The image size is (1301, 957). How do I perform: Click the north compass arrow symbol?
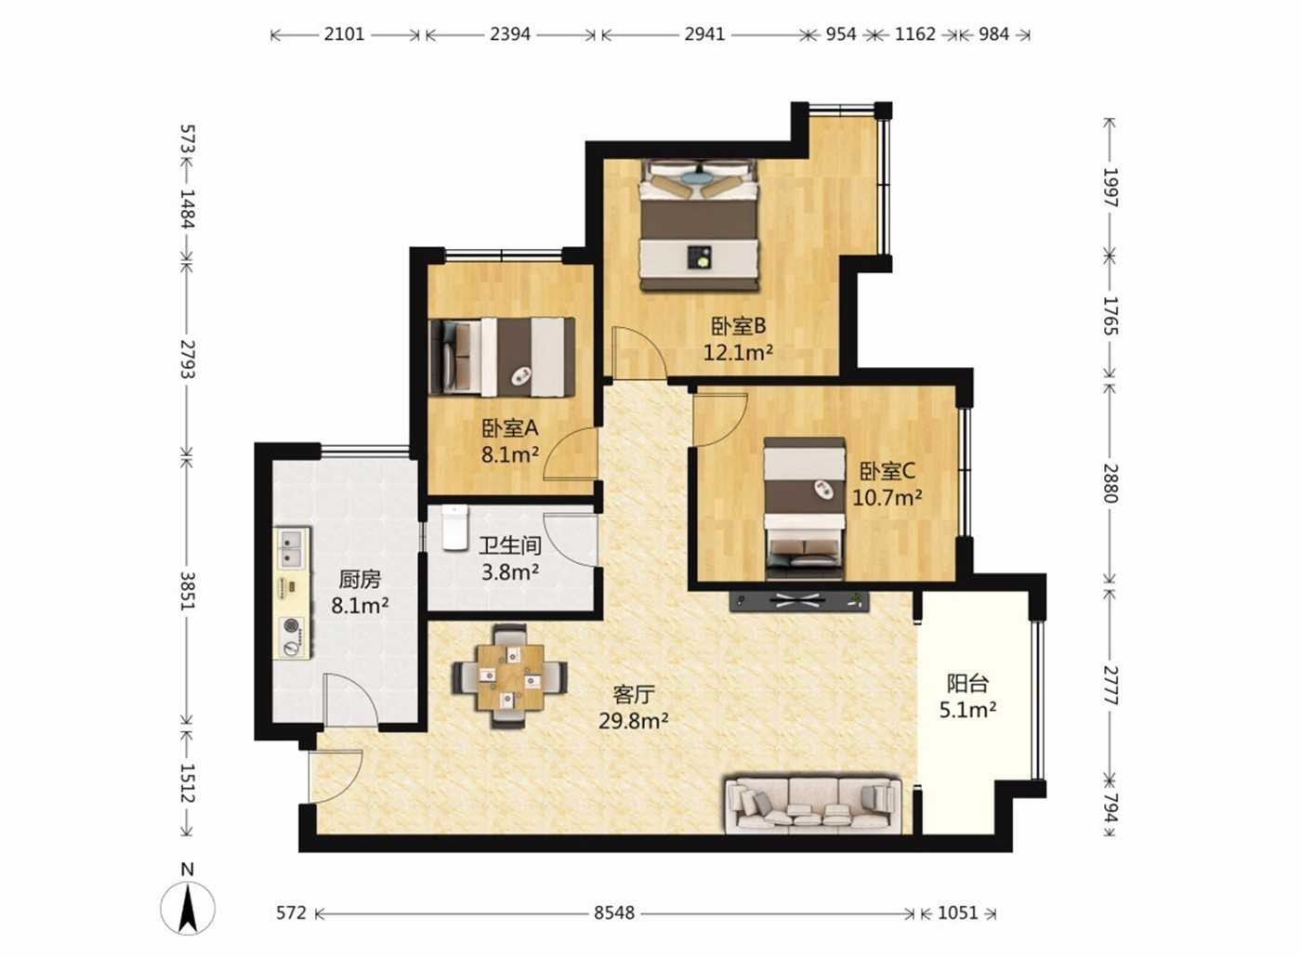(188, 909)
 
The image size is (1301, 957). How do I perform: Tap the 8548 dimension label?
(614, 912)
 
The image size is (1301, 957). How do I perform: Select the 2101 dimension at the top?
(344, 34)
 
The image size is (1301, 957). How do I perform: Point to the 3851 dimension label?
(187, 591)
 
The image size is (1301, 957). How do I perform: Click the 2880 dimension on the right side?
(1110, 483)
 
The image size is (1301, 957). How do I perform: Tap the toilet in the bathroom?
(454, 528)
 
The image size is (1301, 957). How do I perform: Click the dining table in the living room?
(510, 677)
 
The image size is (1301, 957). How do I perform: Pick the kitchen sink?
(292, 548)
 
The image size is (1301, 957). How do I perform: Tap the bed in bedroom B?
(699, 225)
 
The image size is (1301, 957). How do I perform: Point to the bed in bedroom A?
(502, 357)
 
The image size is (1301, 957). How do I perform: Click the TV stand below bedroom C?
(799, 602)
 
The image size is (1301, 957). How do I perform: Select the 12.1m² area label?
(738, 352)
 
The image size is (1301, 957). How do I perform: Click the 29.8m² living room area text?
(633, 721)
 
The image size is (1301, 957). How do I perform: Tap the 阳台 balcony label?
(967, 684)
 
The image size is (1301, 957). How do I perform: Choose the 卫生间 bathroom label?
(510, 545)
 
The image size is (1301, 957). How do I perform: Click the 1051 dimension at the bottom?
(958, 912)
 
